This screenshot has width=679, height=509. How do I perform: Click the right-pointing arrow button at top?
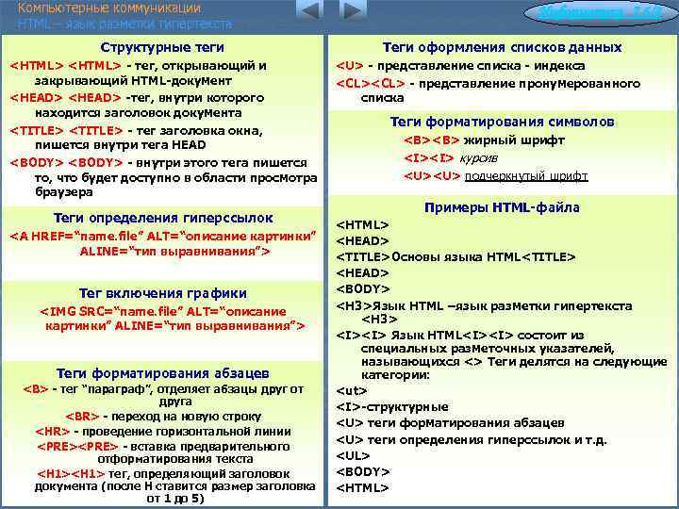click(352, 11)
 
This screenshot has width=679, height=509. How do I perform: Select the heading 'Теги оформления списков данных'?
click(502, 47)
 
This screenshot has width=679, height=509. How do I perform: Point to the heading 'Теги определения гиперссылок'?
click(163, 217)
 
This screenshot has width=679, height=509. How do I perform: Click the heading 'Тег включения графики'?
click(163, 293)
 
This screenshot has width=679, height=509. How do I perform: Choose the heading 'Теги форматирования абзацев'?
click(163, 372)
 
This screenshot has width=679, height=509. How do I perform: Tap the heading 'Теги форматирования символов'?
click(502, 122)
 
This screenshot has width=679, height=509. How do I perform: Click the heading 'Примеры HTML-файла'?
click(502, 207)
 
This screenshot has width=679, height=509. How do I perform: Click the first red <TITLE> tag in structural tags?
click(37, 129)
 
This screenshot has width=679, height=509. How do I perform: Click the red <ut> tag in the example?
click(352, 389)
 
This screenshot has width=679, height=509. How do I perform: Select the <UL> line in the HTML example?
click(354, 455)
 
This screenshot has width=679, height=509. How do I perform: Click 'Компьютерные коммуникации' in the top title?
click(89, 8)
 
